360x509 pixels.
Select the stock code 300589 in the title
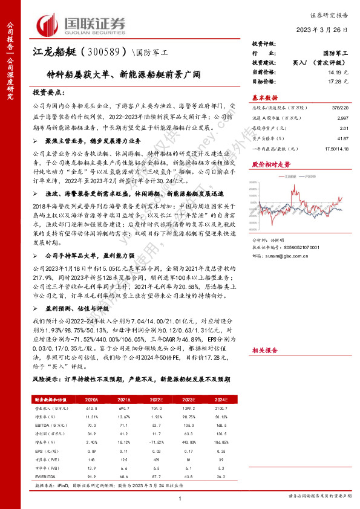103,54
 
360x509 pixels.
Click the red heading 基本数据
264,97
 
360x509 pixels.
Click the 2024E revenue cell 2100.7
220,408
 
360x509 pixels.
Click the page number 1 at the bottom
180,498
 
